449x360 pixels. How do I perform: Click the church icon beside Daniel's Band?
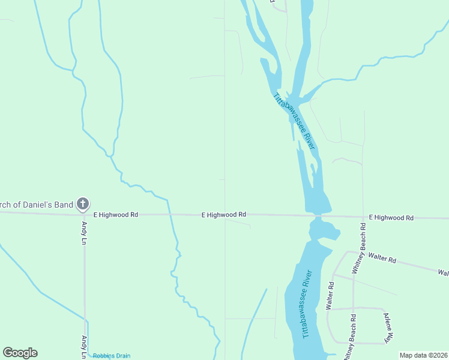tap(83, 205)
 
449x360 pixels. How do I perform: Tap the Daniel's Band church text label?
tap(36, 205)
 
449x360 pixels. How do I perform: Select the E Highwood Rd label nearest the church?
tap(115, 214)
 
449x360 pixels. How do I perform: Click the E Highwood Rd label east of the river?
tap(391, 217)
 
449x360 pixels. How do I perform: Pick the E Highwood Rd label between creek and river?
tap(223, 214)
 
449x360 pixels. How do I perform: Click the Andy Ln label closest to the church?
tap(84, 233)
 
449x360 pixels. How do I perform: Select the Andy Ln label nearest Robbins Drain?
tap(84, 347)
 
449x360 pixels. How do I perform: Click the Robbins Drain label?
tap(112, 356)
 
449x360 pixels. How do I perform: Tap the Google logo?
tap(20, 353)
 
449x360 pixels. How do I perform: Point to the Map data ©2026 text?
tap(423, 355)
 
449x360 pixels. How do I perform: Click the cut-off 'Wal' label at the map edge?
tap(443, 273)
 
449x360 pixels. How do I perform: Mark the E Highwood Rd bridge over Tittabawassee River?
tap(318, 215)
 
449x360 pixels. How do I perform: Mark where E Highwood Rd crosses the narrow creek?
tap(170, 214)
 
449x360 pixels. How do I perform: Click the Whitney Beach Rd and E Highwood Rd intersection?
tap(364, 217)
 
